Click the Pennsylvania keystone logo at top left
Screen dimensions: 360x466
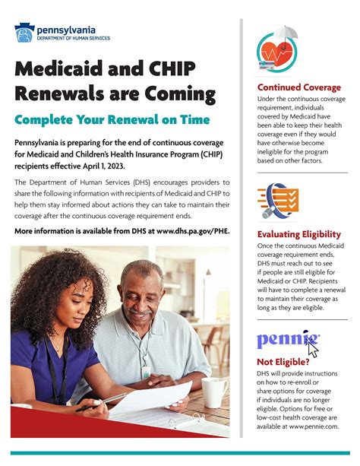click(x=24, y=33)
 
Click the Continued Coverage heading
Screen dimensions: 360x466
click(x=298, y=87)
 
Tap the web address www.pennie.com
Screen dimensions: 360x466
click(x=312, y=427)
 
